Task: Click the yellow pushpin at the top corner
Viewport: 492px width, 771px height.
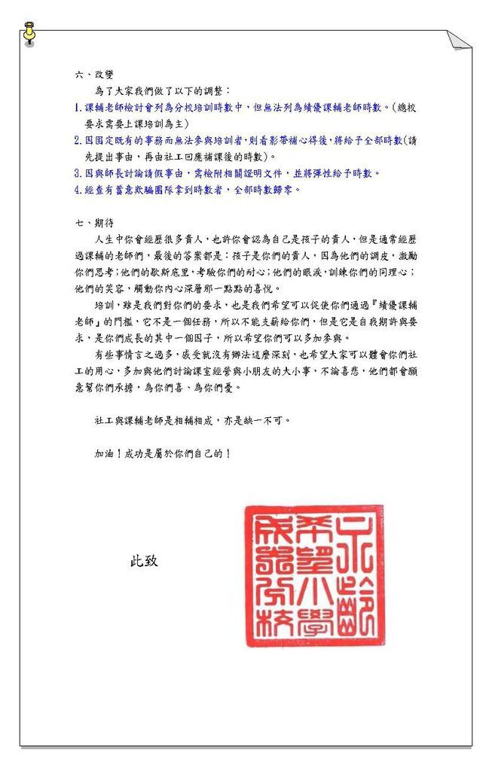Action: coord(29,33)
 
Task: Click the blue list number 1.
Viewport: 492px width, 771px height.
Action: coord(78,107)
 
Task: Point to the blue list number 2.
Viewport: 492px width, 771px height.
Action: coord(78,140)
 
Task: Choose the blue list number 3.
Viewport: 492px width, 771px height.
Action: coord(78,173)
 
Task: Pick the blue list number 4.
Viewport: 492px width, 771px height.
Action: coord(78,190)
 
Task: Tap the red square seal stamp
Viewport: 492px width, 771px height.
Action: coord(313,575)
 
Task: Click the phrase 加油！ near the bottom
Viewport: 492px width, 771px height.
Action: coord(108,454)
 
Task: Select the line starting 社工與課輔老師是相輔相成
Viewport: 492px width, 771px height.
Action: coord(192,419)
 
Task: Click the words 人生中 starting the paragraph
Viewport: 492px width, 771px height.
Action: coord(108,239)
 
